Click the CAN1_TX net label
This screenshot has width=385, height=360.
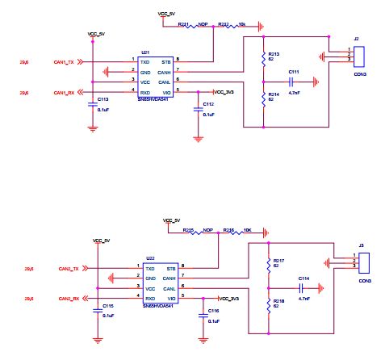[65, 61]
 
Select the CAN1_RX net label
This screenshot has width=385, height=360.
[65, 93]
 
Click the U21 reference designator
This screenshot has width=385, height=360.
[145, 51]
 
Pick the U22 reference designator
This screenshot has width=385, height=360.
[150, 258]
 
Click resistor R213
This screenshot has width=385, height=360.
[264, 58]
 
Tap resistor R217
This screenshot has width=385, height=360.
[269, 264]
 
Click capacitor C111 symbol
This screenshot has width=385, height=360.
[294, 81]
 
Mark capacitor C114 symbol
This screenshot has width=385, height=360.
[301, 287]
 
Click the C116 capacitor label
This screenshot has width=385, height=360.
[213, 311]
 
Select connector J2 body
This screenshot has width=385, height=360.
[359, 55]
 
